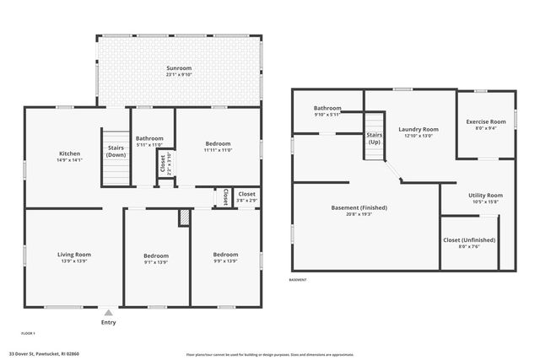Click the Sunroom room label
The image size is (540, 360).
click(179, 67)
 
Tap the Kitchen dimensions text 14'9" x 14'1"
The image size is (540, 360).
click(69, 160)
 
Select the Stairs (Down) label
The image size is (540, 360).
click(116, 151)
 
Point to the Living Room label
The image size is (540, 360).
click(74, 254)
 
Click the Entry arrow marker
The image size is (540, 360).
click(108, 313)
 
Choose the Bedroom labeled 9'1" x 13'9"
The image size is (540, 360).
click(155, 255)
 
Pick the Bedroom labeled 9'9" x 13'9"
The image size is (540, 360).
click(225, 254)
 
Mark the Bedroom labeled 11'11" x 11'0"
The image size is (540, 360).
click(218, 144)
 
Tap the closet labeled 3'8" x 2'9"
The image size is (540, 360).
click(246, 195)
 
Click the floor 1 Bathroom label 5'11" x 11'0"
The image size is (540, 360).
click(149, 138)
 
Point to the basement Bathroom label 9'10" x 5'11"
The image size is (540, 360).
click(327, 108)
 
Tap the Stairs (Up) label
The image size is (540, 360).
click(374, 138)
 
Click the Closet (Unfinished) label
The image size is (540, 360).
click(469, 239)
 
